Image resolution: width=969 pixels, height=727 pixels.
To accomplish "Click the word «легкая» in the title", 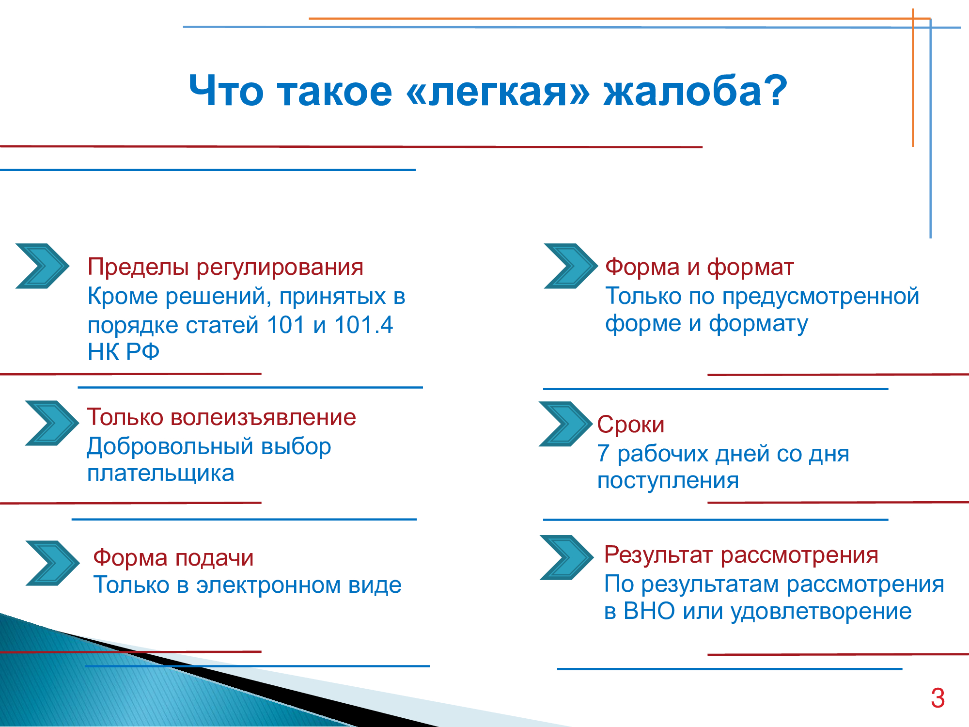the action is [498, 91].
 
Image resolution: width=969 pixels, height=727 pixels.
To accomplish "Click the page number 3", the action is [938, 698].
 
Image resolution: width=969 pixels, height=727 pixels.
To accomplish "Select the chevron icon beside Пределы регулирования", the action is [43, 266].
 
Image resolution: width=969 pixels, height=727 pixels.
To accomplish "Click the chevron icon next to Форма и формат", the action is [571, 266].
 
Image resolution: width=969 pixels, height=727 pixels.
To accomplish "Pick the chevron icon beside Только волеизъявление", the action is [52, 423].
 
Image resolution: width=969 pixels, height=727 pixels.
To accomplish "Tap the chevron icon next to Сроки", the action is [566, 424].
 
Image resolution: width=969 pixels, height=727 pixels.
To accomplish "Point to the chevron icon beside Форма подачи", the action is [52, 563].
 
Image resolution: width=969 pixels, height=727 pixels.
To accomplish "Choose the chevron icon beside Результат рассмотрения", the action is [566, 558].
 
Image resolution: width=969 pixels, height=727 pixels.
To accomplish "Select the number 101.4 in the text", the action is [363, 325].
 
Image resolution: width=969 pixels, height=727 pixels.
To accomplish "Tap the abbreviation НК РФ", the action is [124, 352].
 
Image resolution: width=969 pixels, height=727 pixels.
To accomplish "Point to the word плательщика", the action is [161, 474].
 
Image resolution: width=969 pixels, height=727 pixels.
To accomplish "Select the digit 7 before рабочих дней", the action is [603, 454].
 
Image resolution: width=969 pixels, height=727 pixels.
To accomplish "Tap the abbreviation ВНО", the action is [649, 611].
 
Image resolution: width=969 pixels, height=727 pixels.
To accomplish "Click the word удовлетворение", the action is [821, 612].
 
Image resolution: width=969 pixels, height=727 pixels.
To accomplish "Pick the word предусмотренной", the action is [821, 296].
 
